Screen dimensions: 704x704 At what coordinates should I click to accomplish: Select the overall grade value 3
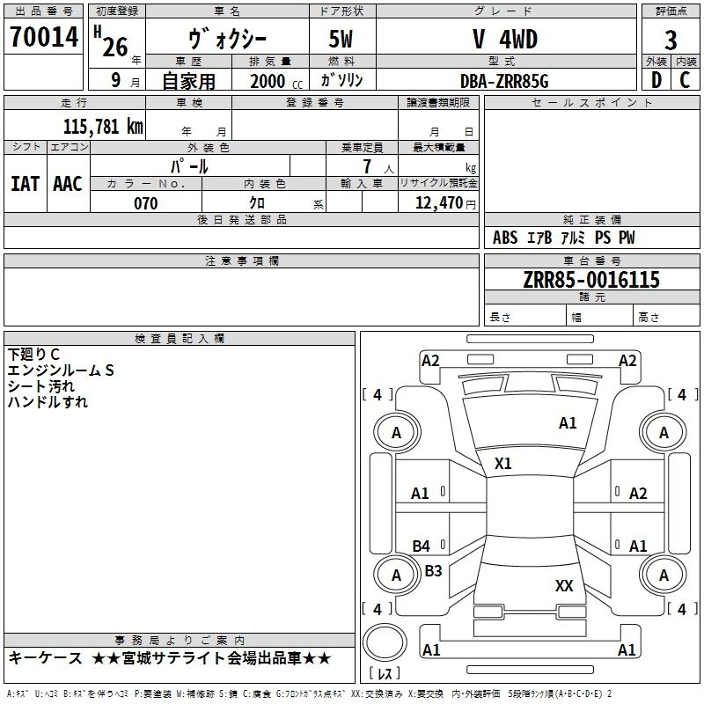point(671,40)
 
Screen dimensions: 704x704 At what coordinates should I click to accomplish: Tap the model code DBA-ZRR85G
point(504,80)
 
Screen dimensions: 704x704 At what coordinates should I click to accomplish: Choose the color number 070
point(145,203)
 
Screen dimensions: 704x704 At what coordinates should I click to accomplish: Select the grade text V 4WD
point(504,40)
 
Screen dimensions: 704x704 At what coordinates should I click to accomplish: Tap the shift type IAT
point(25,184)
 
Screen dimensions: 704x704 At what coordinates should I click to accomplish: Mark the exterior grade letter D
point(656,80)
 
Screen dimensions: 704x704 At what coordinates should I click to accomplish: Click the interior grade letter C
point(685,80)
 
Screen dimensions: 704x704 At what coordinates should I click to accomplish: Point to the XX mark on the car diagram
point(564,585)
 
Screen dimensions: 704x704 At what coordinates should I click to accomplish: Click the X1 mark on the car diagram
point(503,463)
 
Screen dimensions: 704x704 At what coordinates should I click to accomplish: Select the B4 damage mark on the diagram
point(422,546)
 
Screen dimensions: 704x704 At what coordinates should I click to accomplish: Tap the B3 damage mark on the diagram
point(433,570)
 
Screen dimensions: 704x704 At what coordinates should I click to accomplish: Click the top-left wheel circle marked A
point(396,432)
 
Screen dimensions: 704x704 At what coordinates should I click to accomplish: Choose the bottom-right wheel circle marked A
point(664,575)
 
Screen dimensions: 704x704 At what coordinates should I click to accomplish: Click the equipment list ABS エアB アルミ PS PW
point(563,238)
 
